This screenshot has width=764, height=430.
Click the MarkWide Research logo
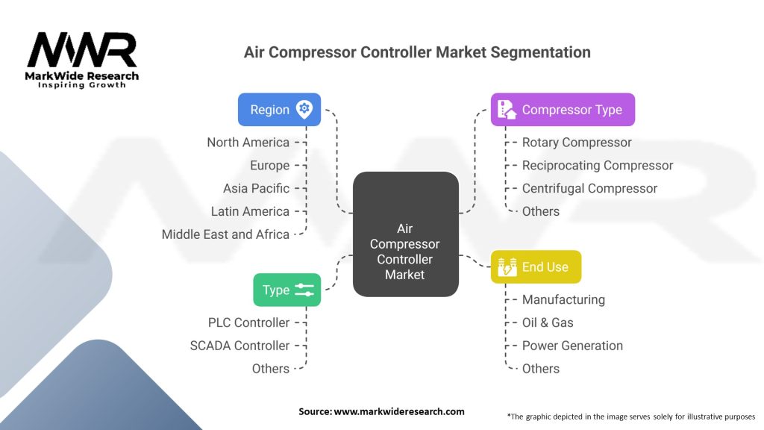click(x=82, y=60)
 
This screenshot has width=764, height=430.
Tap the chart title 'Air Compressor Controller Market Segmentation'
click(x=417, y=52)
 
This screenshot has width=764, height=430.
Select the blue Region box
click(x=279, y=110)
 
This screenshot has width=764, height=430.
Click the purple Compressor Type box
click(x=562, y=110)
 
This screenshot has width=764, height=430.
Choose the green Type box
click(x=286, y=290)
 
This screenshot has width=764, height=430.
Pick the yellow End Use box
click(x=535, y=267)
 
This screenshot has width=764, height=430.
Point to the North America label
click(x=248, y=143)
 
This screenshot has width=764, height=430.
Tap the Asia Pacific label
click(x=256, y=188)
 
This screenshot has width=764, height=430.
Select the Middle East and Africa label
click(x=225, y=234)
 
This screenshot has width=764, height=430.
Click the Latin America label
click(x=250, y=211)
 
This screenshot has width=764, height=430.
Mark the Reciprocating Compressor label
click(x=597, y=165)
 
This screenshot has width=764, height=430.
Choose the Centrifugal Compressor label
click(x=589, y=188)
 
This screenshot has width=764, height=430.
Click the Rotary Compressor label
click(x=577, y=143)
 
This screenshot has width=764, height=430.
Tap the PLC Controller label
click(x=248, y=322)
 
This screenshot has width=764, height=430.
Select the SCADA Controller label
click(x=239, y=346)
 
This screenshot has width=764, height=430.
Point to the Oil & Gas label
click(x=548, y=322)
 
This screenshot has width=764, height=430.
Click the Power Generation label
click(x=572, y=346)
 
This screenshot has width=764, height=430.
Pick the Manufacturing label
click(x=563, y=299)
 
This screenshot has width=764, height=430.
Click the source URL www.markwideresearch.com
click(x=400, y=411)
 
